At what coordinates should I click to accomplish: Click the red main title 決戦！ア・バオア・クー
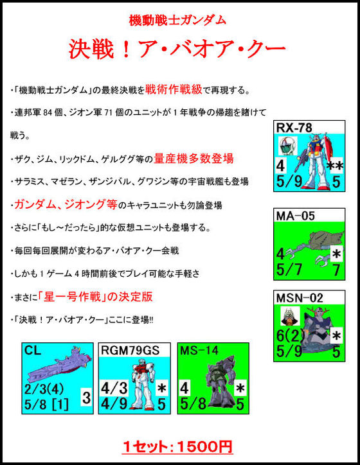[x=178, y=48]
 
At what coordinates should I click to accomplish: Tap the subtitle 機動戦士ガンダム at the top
[x=178, y=20]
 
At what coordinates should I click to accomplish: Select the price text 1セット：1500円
[x=177, y=447]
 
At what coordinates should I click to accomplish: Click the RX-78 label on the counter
[x=294, y=128]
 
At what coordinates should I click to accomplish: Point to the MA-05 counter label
[x=295, y=216]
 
